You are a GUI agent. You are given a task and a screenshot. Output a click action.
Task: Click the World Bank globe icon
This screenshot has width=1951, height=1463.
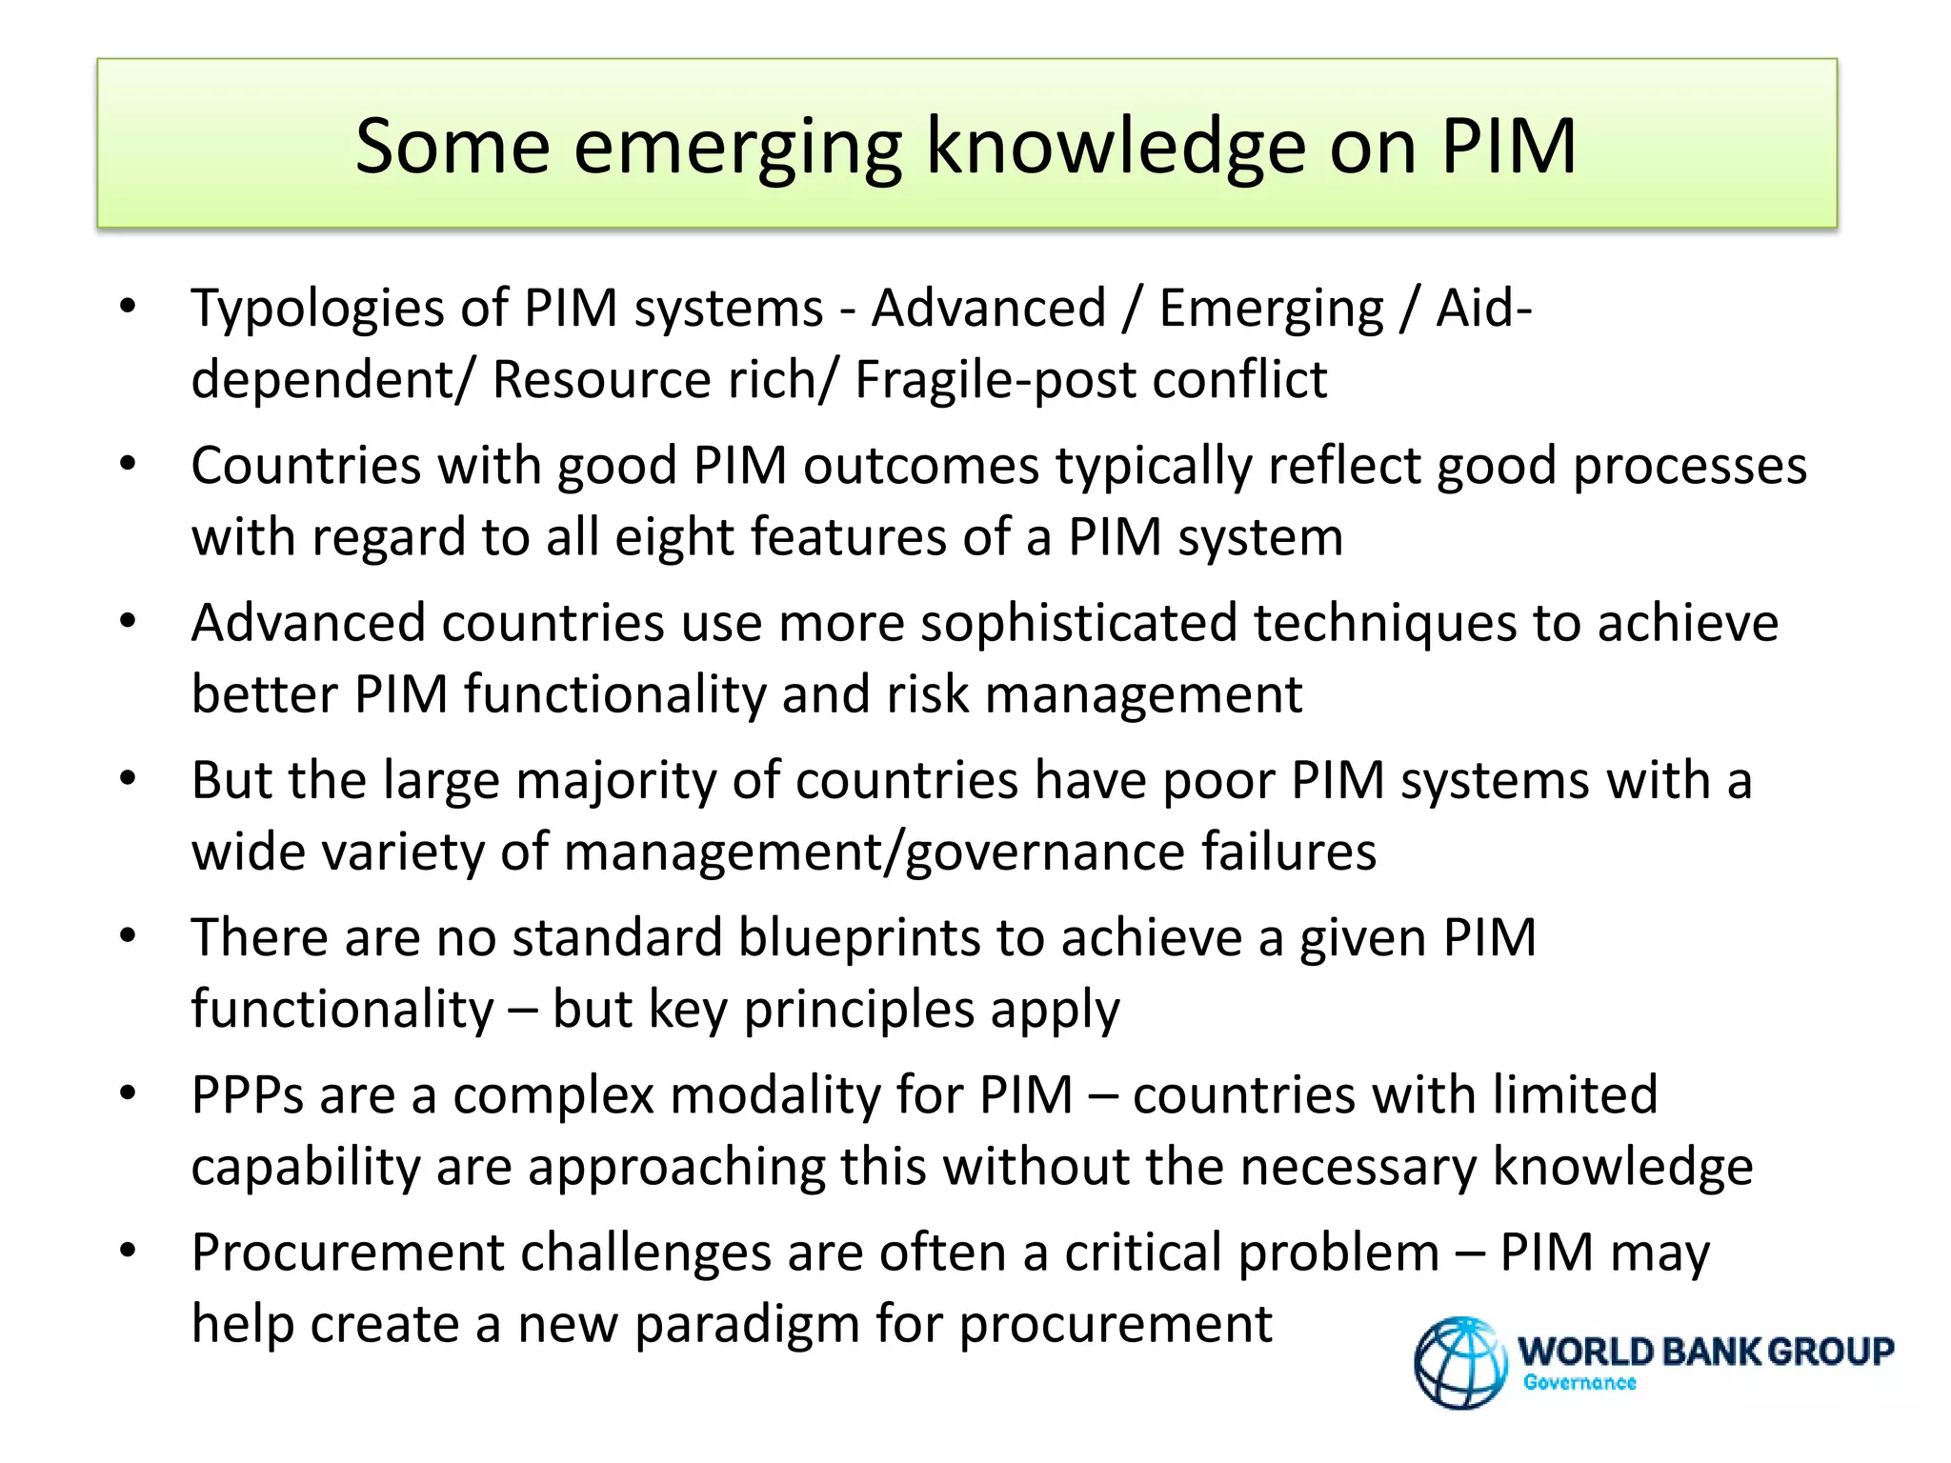click(1459, 1362)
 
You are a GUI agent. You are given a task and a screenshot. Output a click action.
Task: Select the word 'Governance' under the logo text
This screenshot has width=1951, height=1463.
click(1579, 1382)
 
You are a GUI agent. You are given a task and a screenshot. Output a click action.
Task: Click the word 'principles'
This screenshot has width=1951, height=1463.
click(858, 1010)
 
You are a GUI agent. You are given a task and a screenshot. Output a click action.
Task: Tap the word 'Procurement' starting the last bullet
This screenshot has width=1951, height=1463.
click(347, 1253)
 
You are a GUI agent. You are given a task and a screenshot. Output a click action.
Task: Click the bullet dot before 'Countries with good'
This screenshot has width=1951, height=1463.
click(128, 465)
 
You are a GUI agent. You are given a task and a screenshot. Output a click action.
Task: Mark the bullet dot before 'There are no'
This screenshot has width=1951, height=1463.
click(128, 936)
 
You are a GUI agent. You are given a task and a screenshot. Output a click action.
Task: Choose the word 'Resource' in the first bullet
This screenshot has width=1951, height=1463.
click(601, 380)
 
